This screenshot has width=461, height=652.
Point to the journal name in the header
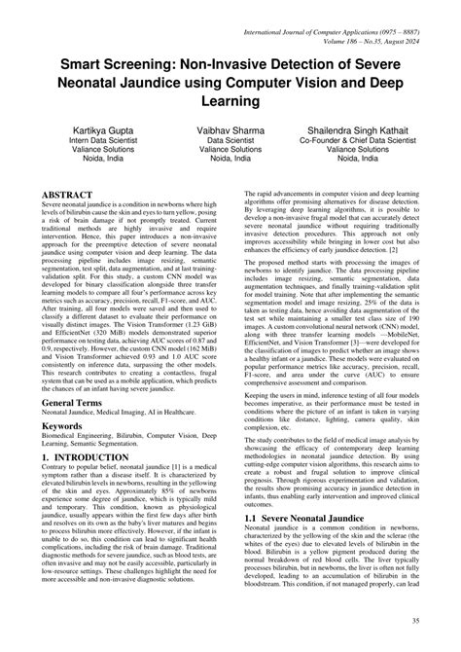click(337, 12)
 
